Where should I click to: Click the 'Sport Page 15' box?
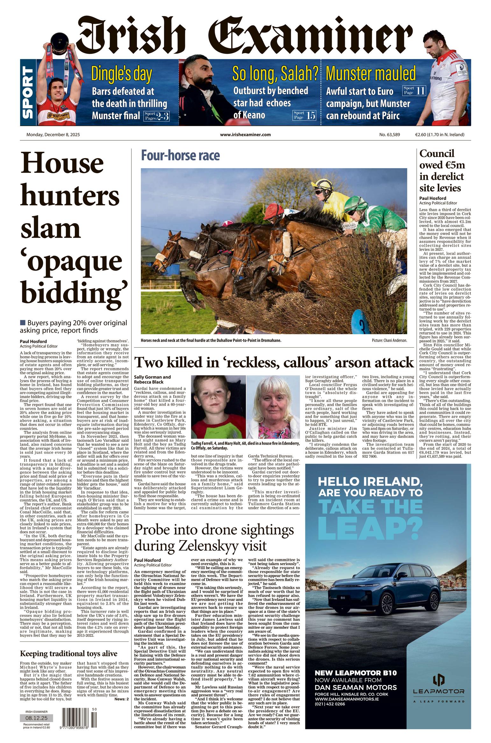pos(304,115)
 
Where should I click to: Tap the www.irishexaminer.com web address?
pos(245,135)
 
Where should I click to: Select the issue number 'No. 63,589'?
pos(389,135)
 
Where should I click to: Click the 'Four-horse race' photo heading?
pos(180,156)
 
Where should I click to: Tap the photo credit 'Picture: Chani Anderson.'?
pos(389,340)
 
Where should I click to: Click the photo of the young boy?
pos(218,407)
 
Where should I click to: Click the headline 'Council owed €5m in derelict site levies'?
pos(442,171)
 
